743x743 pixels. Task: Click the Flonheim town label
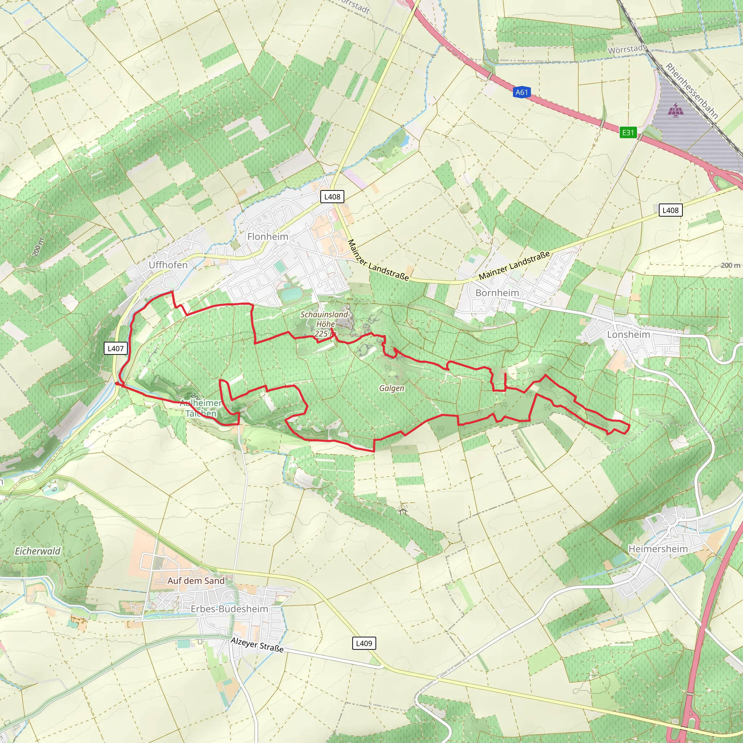pyautogui.click(x=268, y=237)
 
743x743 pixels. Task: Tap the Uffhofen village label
pyautogui.click(x=168, y=265)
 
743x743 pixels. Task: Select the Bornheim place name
pyautogui.click(x=497, y=293)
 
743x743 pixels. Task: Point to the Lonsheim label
pyautogui.click(x=628, y=334)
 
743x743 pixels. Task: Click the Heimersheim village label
pyautogui.click(x=658, y=549)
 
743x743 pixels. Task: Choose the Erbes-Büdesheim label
pyautogui.click(x=230, y=609)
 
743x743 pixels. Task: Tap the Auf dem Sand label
pyautogui.click(x=196, y=581)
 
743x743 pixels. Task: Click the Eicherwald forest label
pyautogui.click(x=38, y=551)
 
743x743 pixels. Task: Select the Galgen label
pyautogui.click(x=391, y=388)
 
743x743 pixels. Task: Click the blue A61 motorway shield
pyautogui.click(x=522, y=92)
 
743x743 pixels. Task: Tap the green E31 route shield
pyautogui.click(x=628, y=132)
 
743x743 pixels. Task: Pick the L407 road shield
pyautogui.click(x=116, y=348)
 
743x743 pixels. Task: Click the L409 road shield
pyautogui.click(x=364, y=643)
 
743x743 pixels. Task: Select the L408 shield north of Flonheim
pyautogui.click(x=332, y=197)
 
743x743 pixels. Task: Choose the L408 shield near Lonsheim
pyautogui.click(x=670, y=210)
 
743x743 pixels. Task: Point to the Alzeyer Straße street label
pyautogui.click(x=257, y=645)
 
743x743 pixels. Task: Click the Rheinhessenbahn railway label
pyautogui.click(x=691, y=91)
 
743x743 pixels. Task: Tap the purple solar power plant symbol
pyautogui.click(x=676, y=110)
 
